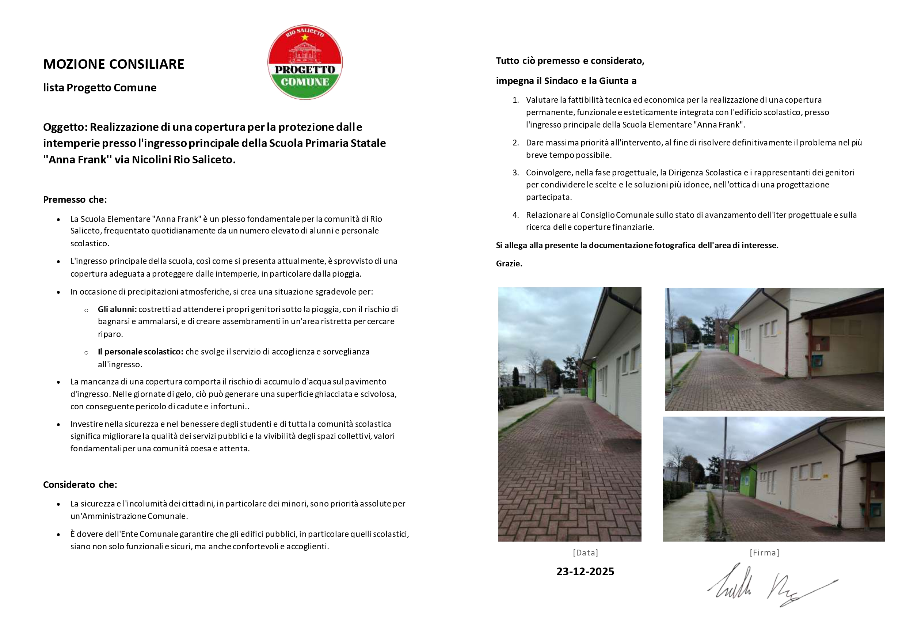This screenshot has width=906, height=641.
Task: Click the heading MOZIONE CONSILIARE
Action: pyautogui.click(x=114, y=64)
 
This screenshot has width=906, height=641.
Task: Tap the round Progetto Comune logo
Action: pyautogui.click(x=305, y=62)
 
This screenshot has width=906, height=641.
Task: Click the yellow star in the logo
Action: pyautogui.click(x=305, y=38)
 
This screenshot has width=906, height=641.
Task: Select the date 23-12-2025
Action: pyautogui.click(x=585, y=572)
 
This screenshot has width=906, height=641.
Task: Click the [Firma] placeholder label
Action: pyautogui.click(x=764, y=553)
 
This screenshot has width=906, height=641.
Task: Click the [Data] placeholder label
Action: pyautogui.click(x=586, y=553)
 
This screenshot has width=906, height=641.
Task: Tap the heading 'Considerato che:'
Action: pyautogui.click(x=80, y=485)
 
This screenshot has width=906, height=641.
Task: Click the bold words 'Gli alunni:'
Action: pyautogui.click(x=117, y=309)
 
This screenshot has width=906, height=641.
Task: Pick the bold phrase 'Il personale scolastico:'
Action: pyautogui.click(x=141, y=352)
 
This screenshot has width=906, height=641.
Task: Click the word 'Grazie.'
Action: pyautogui.click(x=509, y=263)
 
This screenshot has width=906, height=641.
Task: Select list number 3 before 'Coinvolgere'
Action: pyautogui.click(x=515, y=172)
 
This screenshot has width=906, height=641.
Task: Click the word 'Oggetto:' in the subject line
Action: pyautogui.click(x=65, y=127)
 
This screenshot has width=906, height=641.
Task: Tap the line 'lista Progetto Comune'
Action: pyautogui.click(x=100, y=88)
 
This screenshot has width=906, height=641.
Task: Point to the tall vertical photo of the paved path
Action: pyautogui.click(x=570, y=414)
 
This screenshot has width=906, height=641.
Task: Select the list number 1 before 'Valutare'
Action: pyautogui.click(x=515, y=100)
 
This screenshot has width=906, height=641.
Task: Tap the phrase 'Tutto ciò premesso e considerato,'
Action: pyautogui.click(x=570, y=61)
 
